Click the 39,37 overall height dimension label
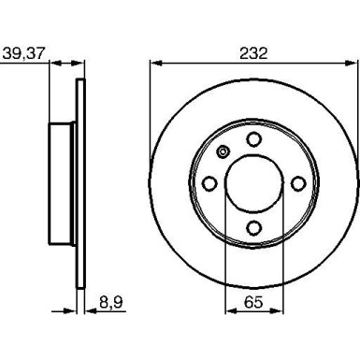22,53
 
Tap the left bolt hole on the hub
210,183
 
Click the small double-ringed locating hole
223,153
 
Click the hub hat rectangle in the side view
63,182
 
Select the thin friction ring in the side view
79,182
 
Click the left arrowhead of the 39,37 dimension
52,65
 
